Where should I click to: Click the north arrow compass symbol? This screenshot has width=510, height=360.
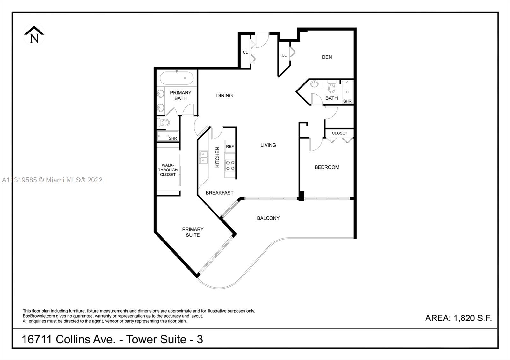[x=34, y=35]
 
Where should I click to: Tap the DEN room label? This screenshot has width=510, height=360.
[x=327, y=57]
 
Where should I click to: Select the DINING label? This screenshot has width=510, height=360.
[x=224, y=96]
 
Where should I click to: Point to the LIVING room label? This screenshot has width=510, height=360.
[x=268, y=145]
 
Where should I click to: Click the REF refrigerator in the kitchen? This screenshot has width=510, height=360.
[x=229, y=146]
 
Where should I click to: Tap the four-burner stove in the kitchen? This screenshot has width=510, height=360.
[x=230, y=165]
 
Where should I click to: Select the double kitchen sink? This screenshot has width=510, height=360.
[x=203, y=157]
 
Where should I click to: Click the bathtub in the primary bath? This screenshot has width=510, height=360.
[x=177, y=78]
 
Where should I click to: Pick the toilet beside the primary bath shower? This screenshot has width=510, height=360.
[x=164, y=123]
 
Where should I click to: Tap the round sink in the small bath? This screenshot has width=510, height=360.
[x=314, y=84]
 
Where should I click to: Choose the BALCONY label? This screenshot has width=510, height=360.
[x=268, y=218]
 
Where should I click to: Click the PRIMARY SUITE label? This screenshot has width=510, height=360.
[x=193, y=232]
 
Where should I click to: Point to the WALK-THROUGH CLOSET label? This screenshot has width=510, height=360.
[x=168, y=170]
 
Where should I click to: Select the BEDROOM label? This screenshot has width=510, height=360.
[x=327, y=167]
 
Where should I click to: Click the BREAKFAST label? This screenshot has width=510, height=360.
[x=220, y=193]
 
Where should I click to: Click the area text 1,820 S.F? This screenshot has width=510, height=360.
[x=473, y=318]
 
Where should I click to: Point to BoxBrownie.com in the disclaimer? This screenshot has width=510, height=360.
[x=39, y=316]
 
